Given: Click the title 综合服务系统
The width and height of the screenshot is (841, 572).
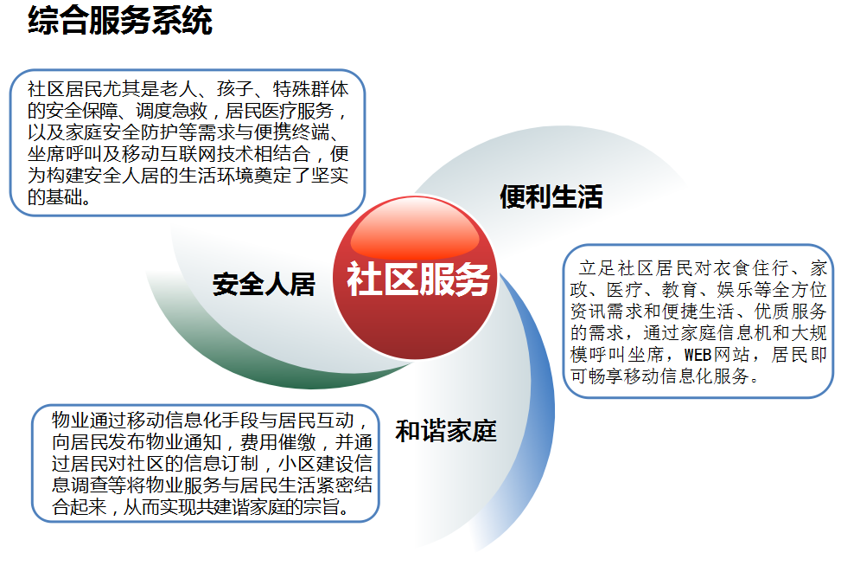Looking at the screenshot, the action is click(x=120, y=21).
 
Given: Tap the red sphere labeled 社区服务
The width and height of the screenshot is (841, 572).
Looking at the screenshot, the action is click(x=416, y=278).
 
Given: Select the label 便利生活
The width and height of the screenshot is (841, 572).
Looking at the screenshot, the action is click(x=551, y=196).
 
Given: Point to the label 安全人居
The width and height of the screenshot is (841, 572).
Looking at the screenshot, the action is click(x=264, y=284).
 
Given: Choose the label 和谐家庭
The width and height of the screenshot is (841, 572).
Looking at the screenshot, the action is click(x=446, y=431).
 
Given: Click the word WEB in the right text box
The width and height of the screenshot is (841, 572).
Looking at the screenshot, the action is click(x=698, y=355).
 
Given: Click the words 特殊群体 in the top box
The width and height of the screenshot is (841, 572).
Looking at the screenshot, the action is click(x=311, y=89).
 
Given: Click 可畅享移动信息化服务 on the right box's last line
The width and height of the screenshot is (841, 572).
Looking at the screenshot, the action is click(x=659, y=376).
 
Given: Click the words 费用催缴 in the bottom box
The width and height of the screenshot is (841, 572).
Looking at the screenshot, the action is click(x=278, y=442).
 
